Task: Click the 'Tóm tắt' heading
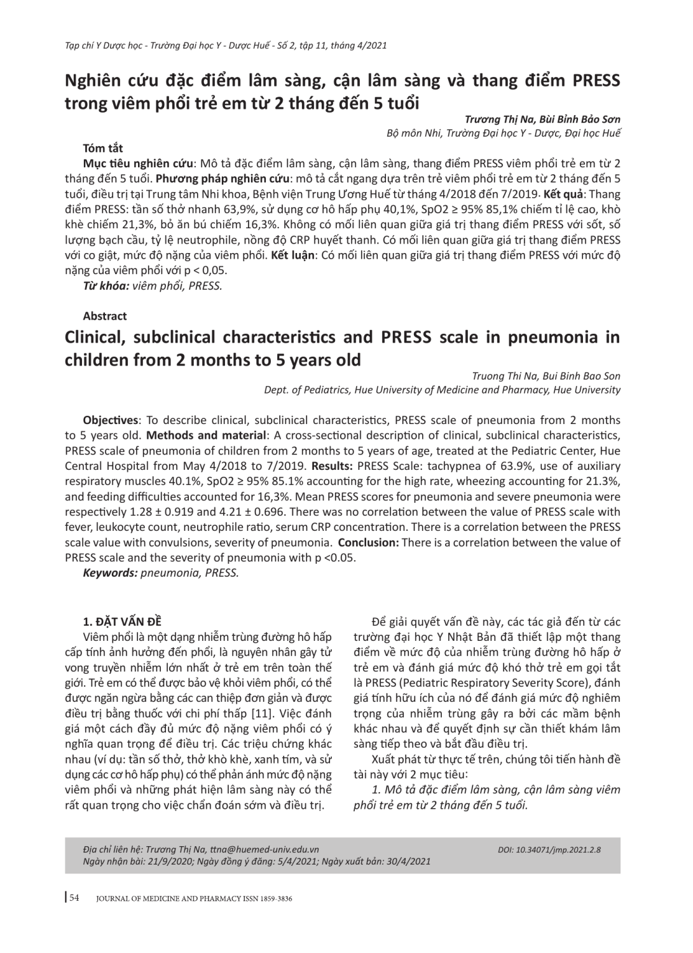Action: [102, 149]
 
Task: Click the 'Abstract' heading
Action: [104, 316]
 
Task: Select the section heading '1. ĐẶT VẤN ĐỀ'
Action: [118, 622]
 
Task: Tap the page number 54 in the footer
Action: [74, 898]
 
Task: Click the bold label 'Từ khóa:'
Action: [106, 285]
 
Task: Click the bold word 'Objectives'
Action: [111, 420]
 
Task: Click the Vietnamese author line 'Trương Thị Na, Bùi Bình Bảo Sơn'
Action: [543, 119]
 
